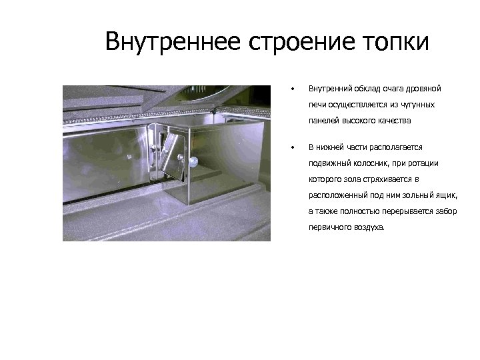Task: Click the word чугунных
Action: coord(417,105)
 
